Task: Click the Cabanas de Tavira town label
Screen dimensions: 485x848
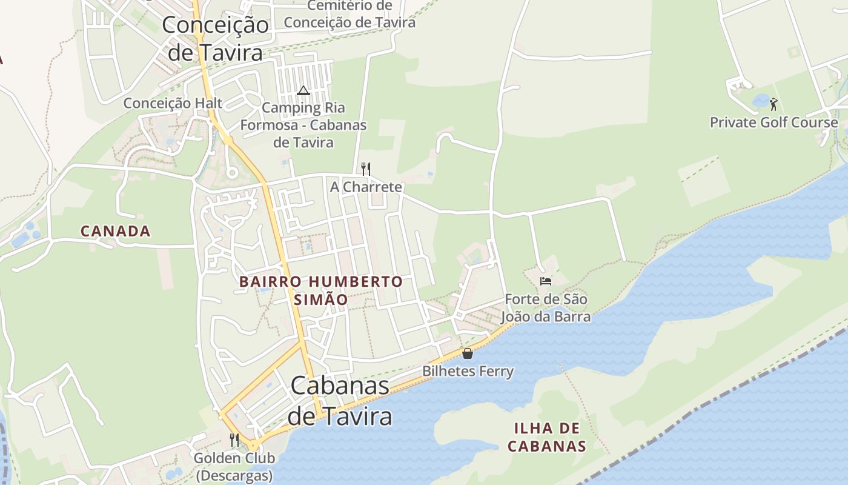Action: click(x=339, y=401)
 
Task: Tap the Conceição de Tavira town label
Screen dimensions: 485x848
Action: click(x=215, y=39)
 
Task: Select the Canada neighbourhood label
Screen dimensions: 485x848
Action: click(x=115, y=231)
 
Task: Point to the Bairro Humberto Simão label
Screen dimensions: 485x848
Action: click(x=320, y=290)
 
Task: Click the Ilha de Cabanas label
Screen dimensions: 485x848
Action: click(x=547, y=437)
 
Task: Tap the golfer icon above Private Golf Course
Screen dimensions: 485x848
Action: click(x=773, y=104)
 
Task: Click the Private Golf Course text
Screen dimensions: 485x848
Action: click(x=773, y=122)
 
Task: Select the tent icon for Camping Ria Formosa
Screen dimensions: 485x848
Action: click(x=303, y=91)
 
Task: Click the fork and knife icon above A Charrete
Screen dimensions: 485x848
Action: click(x=365, y=169)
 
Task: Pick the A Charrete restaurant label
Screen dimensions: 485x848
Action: click(x=366, y=187)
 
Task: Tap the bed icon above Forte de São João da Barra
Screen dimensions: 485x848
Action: click(x=546, y=281)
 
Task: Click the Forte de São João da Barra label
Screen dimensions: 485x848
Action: click(x=546, y=308)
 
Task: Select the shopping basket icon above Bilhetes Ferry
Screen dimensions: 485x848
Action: click(x=468, y=353)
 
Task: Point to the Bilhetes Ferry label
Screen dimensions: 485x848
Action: click(x=468, y=371)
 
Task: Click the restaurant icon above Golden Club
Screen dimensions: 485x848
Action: click(x=234, y=440)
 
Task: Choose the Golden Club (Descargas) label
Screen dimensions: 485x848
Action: click(x=234, y=467)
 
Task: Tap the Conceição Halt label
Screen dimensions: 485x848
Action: click(x=173, y=103)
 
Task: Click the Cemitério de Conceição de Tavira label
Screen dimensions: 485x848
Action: click(x=349, y=14)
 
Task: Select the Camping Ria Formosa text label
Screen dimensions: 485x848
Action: click(x=303, y=125)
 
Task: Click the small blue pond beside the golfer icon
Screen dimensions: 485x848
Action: click(x=760, y=101)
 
